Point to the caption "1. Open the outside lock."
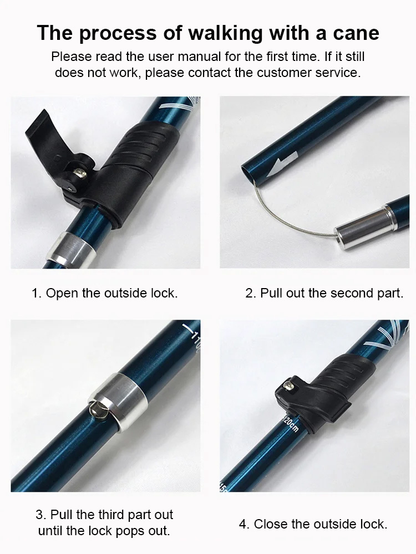tap(105, 293)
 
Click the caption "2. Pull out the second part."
tap(324, 293)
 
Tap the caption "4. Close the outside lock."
tap(313, 524)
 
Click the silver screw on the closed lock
tap(289, 383)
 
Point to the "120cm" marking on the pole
tap(290, 425)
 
